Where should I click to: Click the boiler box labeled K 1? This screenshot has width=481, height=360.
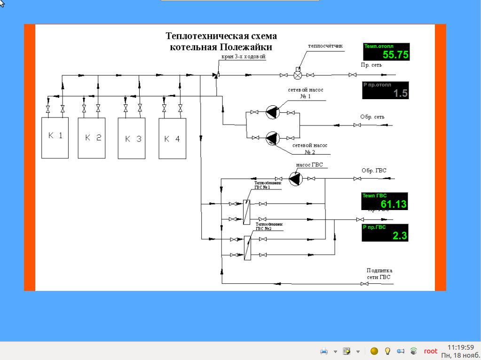[55, 137]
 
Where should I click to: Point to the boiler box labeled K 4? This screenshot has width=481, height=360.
[172, 139]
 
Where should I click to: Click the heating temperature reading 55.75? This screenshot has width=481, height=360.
[395, 55]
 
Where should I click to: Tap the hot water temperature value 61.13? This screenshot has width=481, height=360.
[394, 204]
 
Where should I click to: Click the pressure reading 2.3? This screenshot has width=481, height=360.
[400, 236]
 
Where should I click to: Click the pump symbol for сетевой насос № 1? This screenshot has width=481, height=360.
[272, 112]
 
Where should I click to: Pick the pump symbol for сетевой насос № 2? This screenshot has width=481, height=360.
[272, 138]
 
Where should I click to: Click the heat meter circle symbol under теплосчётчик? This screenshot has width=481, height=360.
[298, 75]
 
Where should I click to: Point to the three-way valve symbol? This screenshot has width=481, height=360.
[216, 75]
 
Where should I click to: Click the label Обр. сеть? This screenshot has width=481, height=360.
[372, 117]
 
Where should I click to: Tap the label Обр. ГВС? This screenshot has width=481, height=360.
[374, 171]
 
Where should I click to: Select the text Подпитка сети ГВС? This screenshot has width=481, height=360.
[379, 274]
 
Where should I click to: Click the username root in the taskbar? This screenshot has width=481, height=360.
[430, 351]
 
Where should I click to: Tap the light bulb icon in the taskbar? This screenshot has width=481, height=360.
[388, 351]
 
